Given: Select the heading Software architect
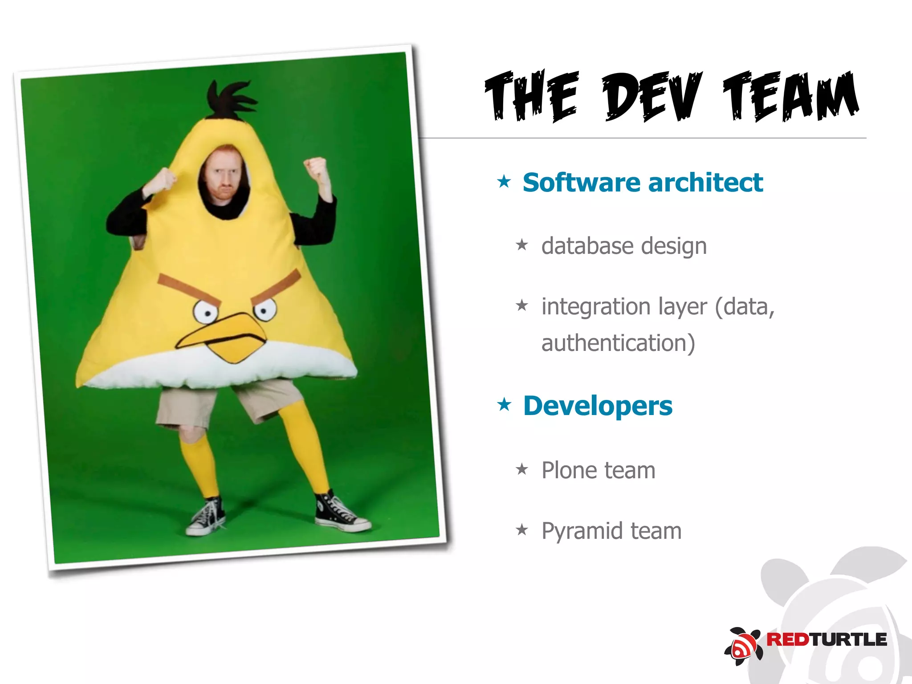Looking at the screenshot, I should point(643,183).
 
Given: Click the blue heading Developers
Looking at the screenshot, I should point(598,406).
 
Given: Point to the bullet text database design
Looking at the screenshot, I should point(624,246).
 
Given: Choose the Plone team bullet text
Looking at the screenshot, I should point(598,470).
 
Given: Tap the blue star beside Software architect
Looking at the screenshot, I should point(504,182).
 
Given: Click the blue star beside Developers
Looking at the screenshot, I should point(504,405).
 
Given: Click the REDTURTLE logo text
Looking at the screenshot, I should point(826,639).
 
